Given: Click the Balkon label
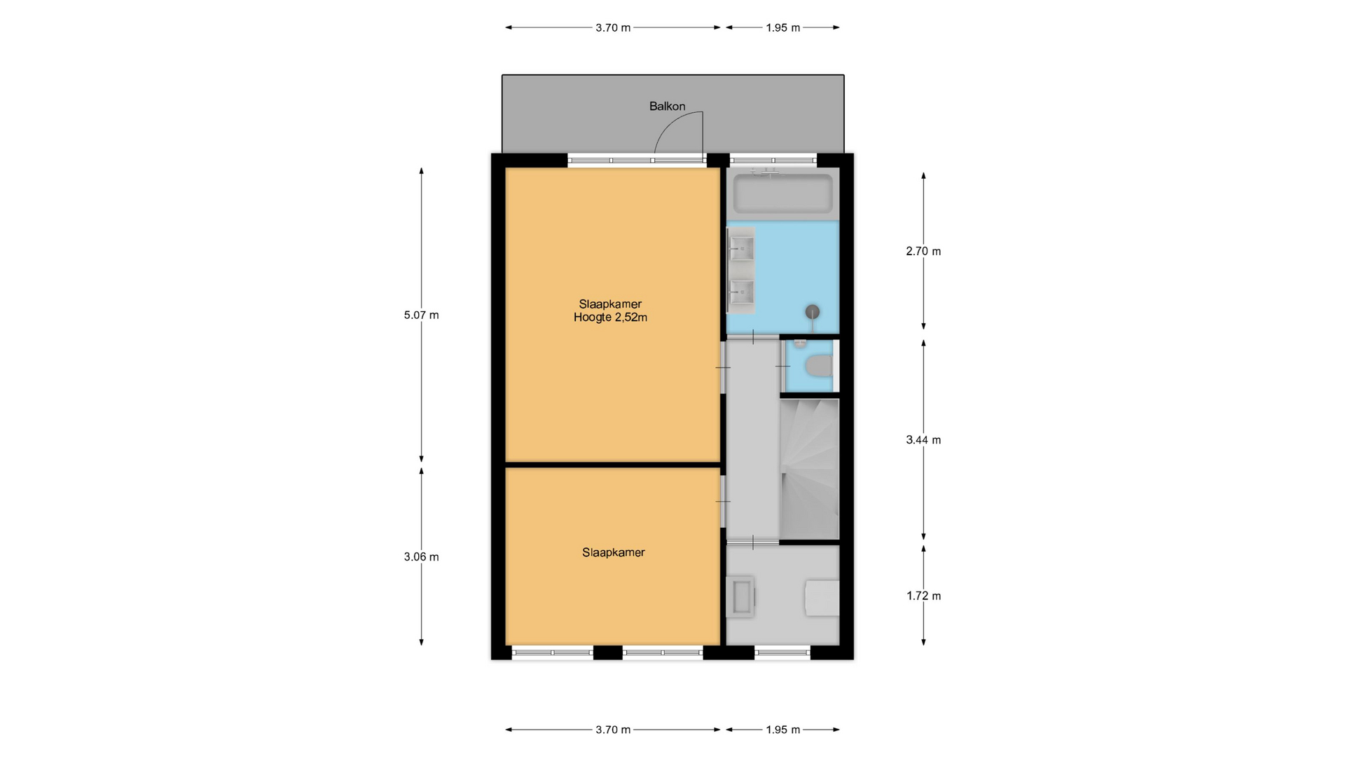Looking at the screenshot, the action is tap(667, 107).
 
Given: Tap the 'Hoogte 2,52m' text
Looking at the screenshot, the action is tap(610, 318).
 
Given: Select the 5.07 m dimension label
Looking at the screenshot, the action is tap(421, 315).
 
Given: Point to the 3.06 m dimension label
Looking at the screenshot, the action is tap(421, 557).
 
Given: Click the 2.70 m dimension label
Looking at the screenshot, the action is tap(923, 251).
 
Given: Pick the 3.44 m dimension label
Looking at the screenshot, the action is tap(923, 440).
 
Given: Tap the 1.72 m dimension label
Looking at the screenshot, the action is tap(923, 596).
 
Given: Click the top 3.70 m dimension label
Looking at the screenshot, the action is tap(613, 28).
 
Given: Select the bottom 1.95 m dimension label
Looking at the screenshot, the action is tap(782, 730).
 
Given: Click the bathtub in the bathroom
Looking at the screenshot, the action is tap(782, 193).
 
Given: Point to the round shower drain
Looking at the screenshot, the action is tap(813, 312).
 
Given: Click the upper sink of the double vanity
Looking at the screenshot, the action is tap(741, 247).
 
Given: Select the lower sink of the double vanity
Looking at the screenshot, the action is tap(741, 289).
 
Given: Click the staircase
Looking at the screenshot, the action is tap(809, 469).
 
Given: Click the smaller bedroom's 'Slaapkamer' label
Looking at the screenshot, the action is tap(613, 552).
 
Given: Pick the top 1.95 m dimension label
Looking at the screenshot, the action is tap(782, 28).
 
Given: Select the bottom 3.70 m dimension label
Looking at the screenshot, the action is tap(613, 730).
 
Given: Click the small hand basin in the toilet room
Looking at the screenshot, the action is tap(799, 343).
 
